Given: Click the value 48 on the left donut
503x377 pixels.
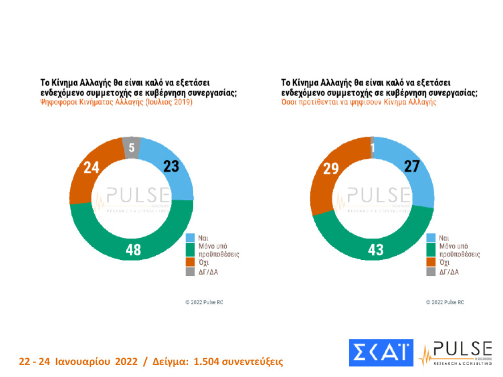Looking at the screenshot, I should point(133,249).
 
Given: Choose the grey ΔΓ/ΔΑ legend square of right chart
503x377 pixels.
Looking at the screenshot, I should point(432,271).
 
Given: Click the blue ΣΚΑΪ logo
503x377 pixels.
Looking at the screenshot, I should point(381,353).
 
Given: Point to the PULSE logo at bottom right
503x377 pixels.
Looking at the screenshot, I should point(456,353).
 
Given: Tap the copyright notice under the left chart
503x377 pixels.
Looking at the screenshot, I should point(204,302).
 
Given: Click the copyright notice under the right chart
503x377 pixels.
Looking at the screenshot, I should point(445,302).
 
